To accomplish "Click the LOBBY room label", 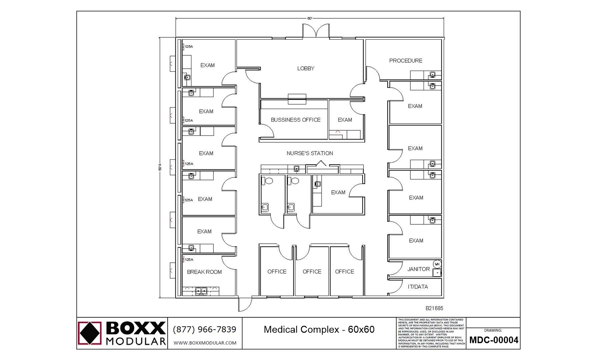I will (306, 68).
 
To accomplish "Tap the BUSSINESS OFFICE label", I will (295, 120).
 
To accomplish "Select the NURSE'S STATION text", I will (310, 153).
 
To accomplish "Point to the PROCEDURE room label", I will (406, 61).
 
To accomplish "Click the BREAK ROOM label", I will (204, 272).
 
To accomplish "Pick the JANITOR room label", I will (418, 269).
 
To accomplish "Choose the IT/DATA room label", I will (418, 287).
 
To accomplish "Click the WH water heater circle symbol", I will (437, 264).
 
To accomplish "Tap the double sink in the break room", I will (201, 291).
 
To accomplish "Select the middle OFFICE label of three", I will (312, 272).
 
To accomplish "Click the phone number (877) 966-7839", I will (204, 329).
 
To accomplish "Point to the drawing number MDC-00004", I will (494, 340).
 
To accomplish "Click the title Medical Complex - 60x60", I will (319, 330).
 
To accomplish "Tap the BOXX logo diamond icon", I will (89, 333).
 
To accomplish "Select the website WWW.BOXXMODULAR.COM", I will (205, 343).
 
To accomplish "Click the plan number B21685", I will (434, 308).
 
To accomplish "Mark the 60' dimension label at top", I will (310, 18).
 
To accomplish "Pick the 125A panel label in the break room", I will (189, 260).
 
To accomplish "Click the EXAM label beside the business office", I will (345, 120).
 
